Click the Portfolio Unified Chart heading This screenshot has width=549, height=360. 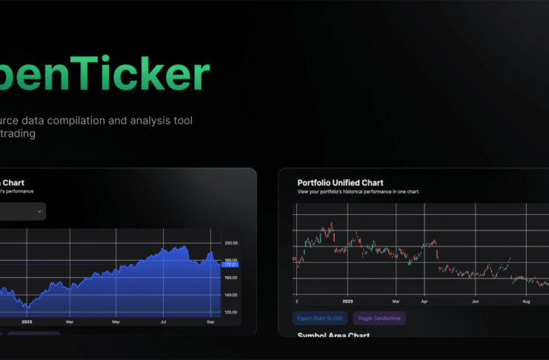[340, 182]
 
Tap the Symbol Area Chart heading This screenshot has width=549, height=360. [333, 336]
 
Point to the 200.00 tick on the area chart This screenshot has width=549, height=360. [231, 243]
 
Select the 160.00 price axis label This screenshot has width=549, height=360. [231, 278]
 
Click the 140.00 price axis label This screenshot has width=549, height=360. [231, 295]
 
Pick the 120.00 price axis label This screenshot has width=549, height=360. [231, 312]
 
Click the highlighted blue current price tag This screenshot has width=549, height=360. [230, 264]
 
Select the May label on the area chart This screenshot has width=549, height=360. [115, 322]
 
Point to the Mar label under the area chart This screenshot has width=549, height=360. [70, 322]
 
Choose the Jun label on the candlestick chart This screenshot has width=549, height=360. [475, 302]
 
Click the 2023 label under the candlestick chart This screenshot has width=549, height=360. [347, 302]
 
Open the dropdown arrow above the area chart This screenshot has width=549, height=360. [39, 212]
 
